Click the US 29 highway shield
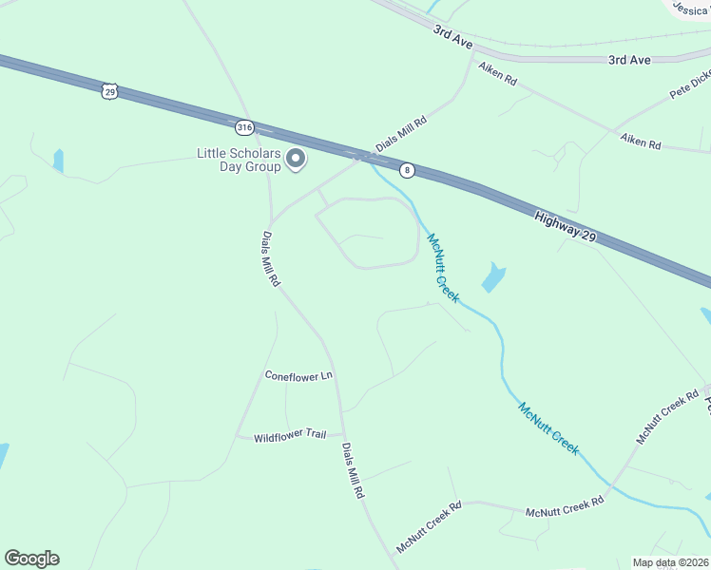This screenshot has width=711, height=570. click(x=109, y=91)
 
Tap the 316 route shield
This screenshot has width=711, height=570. click(x=245, y=125)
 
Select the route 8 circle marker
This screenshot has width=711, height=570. click(x=407, y=170)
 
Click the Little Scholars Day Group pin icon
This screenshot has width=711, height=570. click(x=296, y=160)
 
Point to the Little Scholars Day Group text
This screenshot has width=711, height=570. click(x=239, y=160)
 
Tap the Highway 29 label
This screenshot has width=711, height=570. click(x=565, y=225)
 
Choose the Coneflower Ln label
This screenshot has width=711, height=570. click(x=298, y=375)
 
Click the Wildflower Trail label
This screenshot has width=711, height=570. click(x=290, y=434)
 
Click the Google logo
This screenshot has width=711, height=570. click(x=31, y=559)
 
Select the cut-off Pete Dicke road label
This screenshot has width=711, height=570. click(x=690, y=83)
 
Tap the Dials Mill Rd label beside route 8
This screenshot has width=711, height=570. click(x=402, y=135)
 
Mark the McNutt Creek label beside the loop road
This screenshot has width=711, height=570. click(x=442, y=268)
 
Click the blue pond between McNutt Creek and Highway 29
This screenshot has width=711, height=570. click(x=493, y=277)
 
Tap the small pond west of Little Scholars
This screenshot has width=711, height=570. click(x=59, y=161)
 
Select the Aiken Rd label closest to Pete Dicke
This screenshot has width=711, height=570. click(x=640, y=142)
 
